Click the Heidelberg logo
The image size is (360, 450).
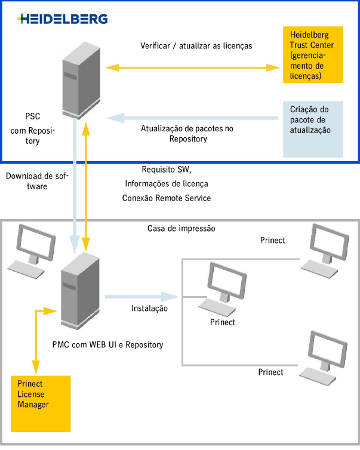pyautogui.click(x=63, y=19)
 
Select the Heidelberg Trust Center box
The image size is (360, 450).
pyautogui.click(x=312, y=54)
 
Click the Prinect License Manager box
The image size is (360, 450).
pyautogui.click(x=41, y=403)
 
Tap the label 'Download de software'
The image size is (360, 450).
pyautogui.click(x=36, y=181)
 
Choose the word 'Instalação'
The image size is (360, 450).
pyautogui.click(x=149, y=309)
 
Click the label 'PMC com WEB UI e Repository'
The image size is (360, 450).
pyautogui.click(x=107, y=344)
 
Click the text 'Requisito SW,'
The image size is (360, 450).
pyautogui.click(x=167, y=169)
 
